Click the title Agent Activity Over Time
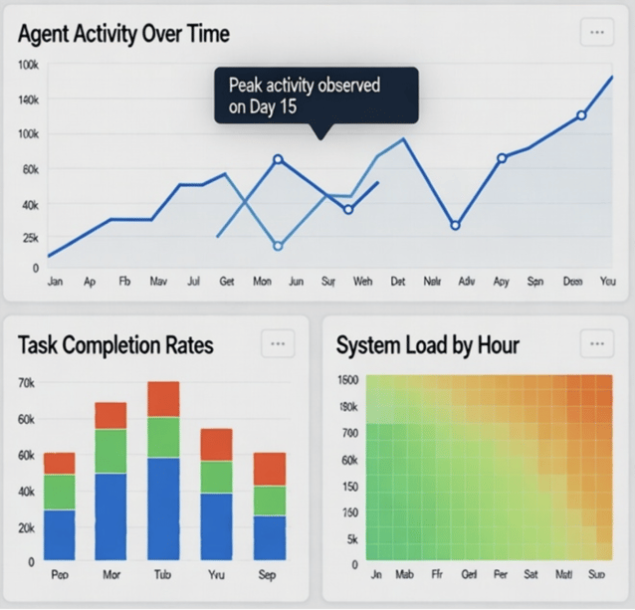124,34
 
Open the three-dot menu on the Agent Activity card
596,32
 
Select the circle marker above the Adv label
455,226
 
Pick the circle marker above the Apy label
502,158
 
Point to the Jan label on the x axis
55,283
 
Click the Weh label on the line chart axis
363,283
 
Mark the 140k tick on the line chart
28,101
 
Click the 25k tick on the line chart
28,239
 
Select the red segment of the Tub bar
163,399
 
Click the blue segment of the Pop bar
60,535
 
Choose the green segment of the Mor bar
111,451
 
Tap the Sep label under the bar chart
269,576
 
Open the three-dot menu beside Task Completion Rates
278,344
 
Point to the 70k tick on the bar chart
27,382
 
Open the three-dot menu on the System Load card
596,344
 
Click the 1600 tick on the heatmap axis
347,380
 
